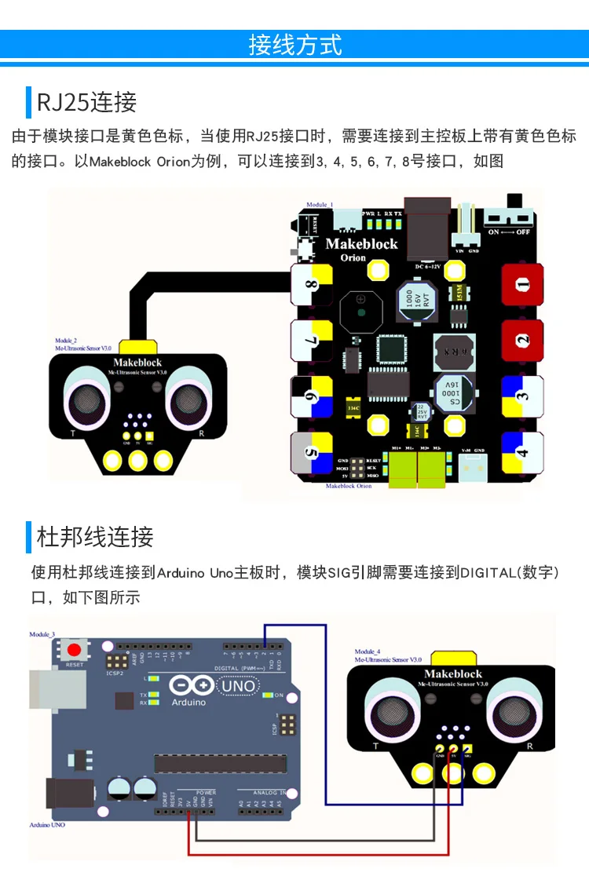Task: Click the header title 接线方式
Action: [x=294, y=45]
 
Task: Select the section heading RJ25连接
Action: [x=86, y=102]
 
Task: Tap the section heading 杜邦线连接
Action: [x=94, y=537]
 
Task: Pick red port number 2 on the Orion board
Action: [x=522, y=341]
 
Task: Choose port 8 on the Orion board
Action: [x=312, y=285]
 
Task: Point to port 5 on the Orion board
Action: [x=312, y=453]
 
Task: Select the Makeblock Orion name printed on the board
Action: [x=362, y=244]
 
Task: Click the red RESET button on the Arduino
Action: [x=75, y=651]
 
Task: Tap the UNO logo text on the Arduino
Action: [x=237, y=686]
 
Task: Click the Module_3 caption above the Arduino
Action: [x=42, y=633]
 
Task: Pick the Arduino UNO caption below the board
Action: [x=49, y=825]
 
